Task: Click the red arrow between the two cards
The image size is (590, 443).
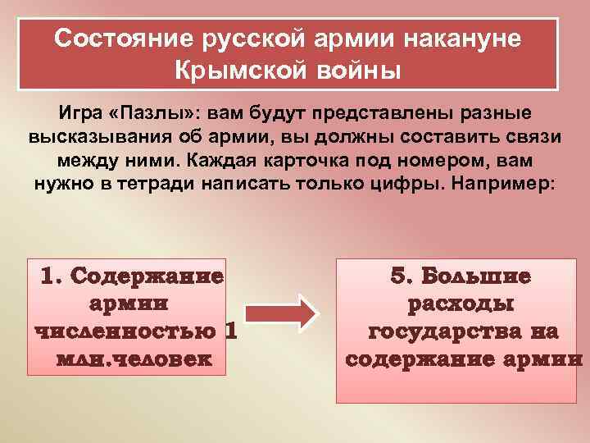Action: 281,313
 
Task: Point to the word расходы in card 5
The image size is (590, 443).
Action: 461,304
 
